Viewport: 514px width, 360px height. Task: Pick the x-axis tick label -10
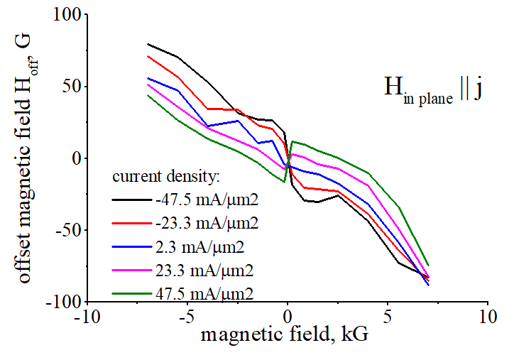point(87,315)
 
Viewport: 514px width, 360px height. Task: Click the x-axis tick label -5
point(187,315)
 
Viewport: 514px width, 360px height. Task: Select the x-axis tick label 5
point(388,315)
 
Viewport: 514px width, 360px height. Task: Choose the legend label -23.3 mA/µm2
point(204,223)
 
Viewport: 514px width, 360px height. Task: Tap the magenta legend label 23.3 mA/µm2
point(205,270)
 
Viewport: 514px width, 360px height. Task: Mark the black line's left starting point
point(147,44)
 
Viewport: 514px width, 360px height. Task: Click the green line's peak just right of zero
point(292,141)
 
